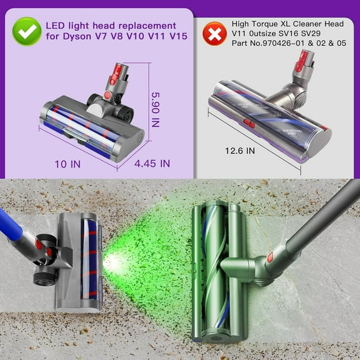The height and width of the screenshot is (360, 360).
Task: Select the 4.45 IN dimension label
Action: tap(153, 163)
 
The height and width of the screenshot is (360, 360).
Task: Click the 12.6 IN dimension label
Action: tap(240, 151)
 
